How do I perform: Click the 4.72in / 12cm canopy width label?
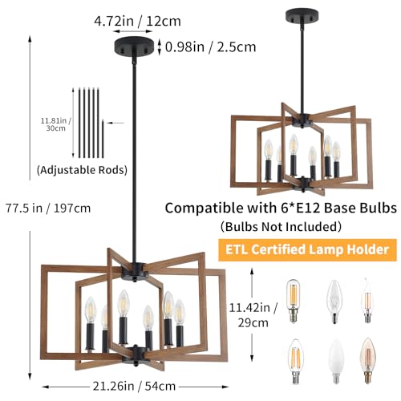click(137, 21)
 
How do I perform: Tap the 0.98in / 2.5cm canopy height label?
click(211, 47)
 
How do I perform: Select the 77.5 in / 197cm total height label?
click(48, 208)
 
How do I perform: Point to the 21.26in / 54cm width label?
click(134, 386)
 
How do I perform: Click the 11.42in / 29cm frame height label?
click(253, 315)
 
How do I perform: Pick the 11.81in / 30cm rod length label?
click(55, 124)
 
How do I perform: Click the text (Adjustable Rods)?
click(82, 170)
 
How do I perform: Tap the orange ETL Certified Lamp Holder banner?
click(307, 249)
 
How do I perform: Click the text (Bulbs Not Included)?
click(281, 226)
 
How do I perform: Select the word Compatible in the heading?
click(205, 208)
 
